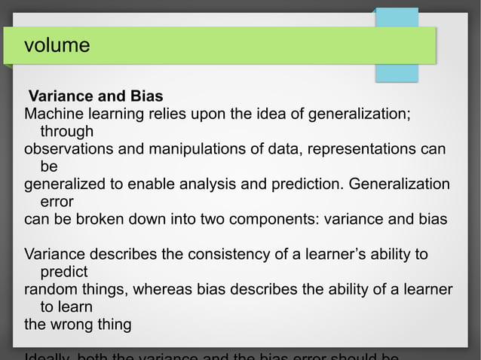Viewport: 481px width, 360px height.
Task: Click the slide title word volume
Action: coord(57,46)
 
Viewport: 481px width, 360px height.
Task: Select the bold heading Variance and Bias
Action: coord(96,97)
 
